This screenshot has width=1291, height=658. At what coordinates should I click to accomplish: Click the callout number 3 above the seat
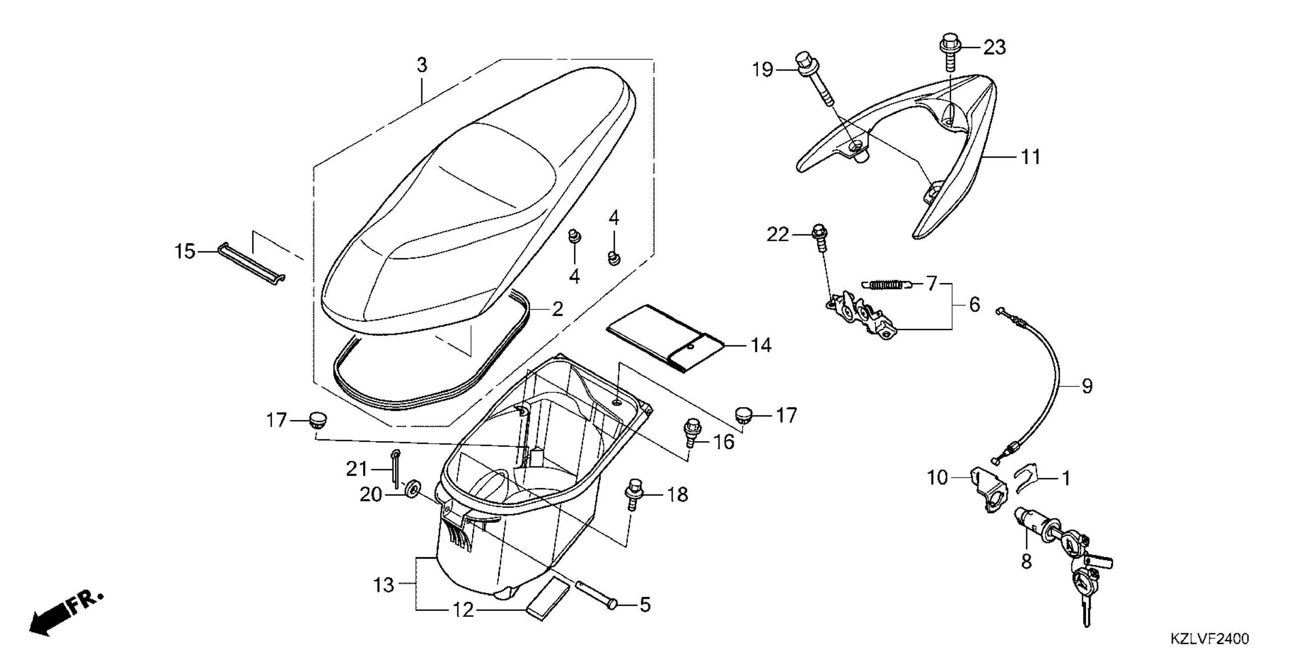[422, 65]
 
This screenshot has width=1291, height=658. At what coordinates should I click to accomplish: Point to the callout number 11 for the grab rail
[1031, 157]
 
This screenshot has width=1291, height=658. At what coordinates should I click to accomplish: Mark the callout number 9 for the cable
[1087, 386]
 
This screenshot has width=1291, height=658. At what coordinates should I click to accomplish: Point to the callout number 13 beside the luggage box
[384, 585]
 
